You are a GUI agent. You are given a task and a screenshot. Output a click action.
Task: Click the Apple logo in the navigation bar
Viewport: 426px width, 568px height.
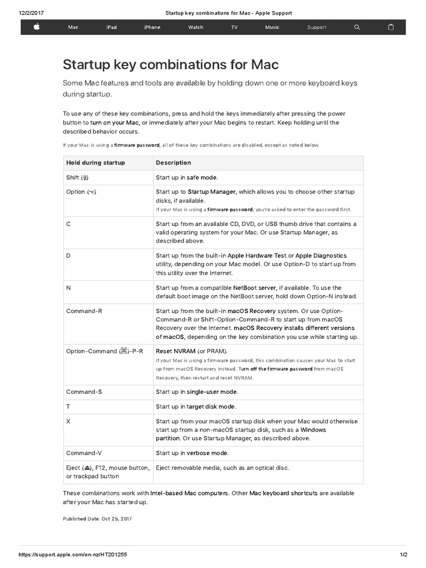pos(37,27)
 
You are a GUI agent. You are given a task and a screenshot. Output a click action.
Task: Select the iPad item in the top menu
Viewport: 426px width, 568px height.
pos(111,27)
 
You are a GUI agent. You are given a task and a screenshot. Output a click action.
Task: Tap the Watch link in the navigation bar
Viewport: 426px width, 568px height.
pos(195,27)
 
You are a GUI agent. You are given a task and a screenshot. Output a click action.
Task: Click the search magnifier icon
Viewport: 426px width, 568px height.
pos(357,27)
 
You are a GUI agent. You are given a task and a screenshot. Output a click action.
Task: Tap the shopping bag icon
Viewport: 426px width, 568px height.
pos(390,27)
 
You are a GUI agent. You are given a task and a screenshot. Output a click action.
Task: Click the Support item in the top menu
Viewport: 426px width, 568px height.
pos(317,27)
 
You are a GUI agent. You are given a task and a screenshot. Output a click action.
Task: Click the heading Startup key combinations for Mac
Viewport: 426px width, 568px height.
pos(171,65)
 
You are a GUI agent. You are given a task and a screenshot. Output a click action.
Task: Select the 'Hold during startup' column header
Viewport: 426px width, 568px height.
pos(95,163)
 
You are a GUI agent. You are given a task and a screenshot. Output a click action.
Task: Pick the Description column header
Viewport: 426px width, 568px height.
pos(173,163)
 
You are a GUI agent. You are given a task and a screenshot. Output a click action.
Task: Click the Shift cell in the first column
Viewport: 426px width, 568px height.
pos(77,177)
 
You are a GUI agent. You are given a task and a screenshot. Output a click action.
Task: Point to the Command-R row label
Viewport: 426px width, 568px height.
pos(84,311)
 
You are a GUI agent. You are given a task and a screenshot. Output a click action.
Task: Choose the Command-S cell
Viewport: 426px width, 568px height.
pos(84,392)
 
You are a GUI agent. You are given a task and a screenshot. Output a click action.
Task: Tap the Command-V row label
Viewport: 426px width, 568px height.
pos(84,453)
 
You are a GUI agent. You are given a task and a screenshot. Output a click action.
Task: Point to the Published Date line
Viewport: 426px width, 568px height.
pos(97,519)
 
